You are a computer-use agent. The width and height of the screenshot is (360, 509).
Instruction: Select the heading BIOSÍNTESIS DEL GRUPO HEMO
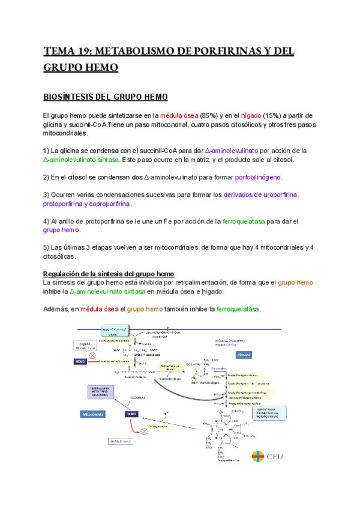point(106,97)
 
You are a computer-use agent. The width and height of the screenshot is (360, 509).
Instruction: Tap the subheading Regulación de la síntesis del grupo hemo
point(109,274)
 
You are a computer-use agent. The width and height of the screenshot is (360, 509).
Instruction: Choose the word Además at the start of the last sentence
point(56,309)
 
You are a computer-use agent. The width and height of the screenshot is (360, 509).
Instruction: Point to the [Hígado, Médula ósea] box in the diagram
point(85,347)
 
